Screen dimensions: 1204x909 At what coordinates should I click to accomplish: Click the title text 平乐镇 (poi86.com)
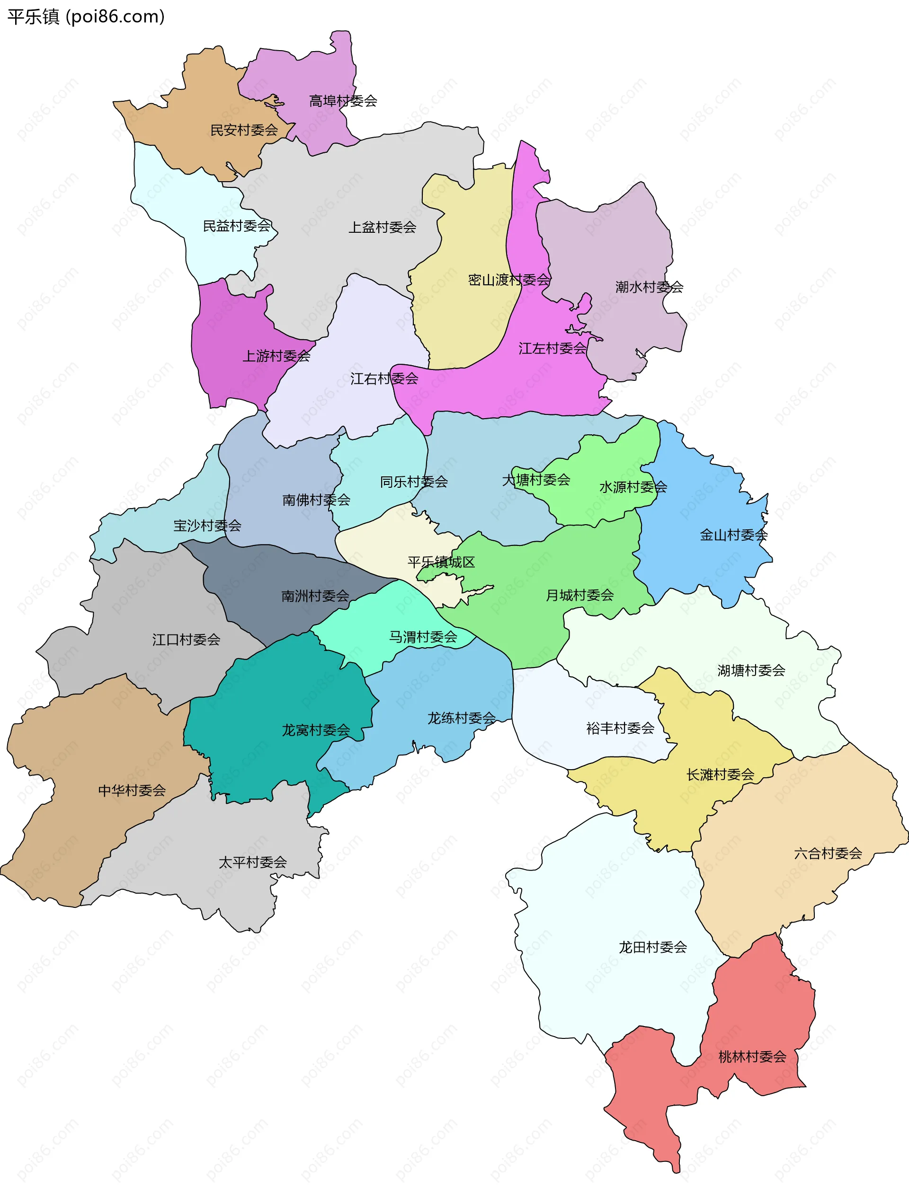click(86, 17)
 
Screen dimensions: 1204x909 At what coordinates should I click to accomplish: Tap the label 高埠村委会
click(343, 101)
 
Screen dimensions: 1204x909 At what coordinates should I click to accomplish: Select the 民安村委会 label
click(244, 130)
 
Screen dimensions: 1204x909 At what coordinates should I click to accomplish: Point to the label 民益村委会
click(236, 226)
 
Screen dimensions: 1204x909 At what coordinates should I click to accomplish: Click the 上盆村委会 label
click(383, 228)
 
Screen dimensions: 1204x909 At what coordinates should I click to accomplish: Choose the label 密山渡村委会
click(509, 280)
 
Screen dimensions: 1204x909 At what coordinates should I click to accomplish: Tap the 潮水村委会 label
click(649, 287)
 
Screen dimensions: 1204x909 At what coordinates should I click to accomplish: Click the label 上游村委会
click(276, 356)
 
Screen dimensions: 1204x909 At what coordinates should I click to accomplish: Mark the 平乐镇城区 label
click(441, 562)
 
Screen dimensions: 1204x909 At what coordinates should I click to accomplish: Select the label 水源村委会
click(633, 487)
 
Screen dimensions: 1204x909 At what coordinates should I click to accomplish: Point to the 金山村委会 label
click(734, 535)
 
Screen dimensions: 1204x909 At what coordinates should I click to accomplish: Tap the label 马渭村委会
click(423, 637)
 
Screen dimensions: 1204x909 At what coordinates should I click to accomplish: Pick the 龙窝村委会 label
click(316, 730)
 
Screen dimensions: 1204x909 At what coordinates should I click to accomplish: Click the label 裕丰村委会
click(620, 728)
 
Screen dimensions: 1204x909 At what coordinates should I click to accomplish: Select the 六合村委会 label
click(828, 853)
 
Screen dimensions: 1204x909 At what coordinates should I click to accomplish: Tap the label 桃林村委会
click(752, 1057)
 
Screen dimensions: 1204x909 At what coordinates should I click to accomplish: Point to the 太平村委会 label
click(253, 862)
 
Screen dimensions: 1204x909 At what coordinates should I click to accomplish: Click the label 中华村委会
click(132, 791)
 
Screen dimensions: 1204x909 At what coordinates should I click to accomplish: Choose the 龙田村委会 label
click(652, 947)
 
